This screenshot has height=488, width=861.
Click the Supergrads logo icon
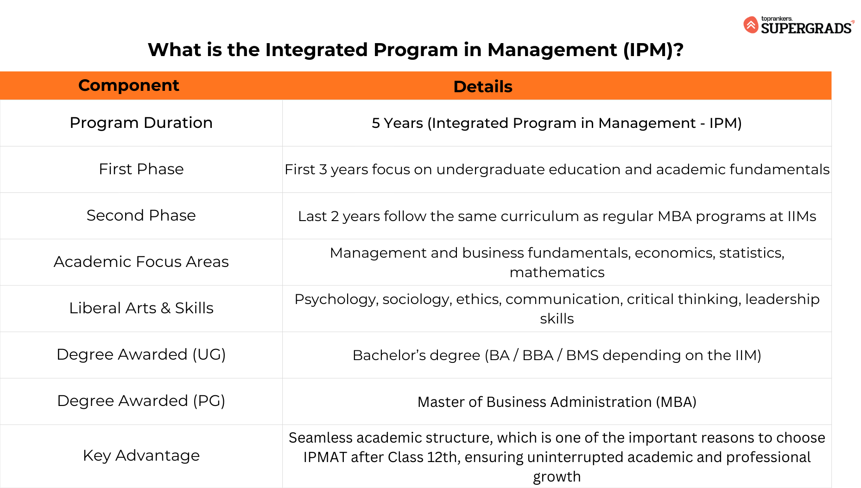tap(751, 25)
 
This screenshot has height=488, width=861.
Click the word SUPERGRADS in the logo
tap(806, 28)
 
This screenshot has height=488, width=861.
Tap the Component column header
tap(129, 85)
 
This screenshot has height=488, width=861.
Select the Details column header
tap(483, 87)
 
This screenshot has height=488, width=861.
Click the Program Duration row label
tap(141, 123)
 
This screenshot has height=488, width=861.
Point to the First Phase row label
tap(141, 169)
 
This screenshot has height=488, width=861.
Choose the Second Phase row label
tap(141, 215)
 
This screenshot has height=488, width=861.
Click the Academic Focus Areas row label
tap(141, 262)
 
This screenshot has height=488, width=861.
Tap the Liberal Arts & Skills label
tap(141, 308)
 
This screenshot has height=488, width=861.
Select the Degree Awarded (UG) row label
tap(141, 355)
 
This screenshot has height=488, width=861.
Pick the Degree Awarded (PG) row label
tap(141, 401)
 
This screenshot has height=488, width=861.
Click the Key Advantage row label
tap(141, 456)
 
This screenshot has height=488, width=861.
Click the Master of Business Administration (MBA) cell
tap(557, 402)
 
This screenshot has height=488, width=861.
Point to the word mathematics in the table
tap(557, 273)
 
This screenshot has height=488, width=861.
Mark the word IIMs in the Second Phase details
tap(802, 216)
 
